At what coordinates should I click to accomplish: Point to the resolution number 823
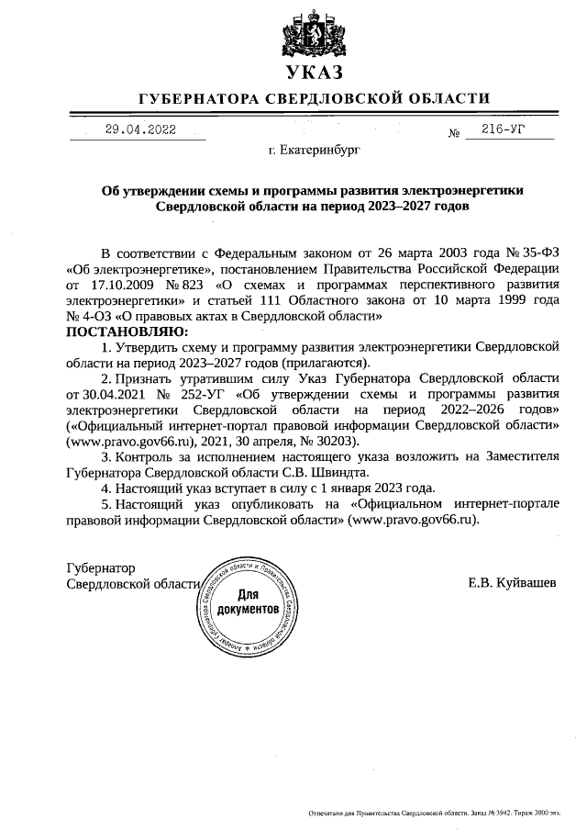click(205, 285)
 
